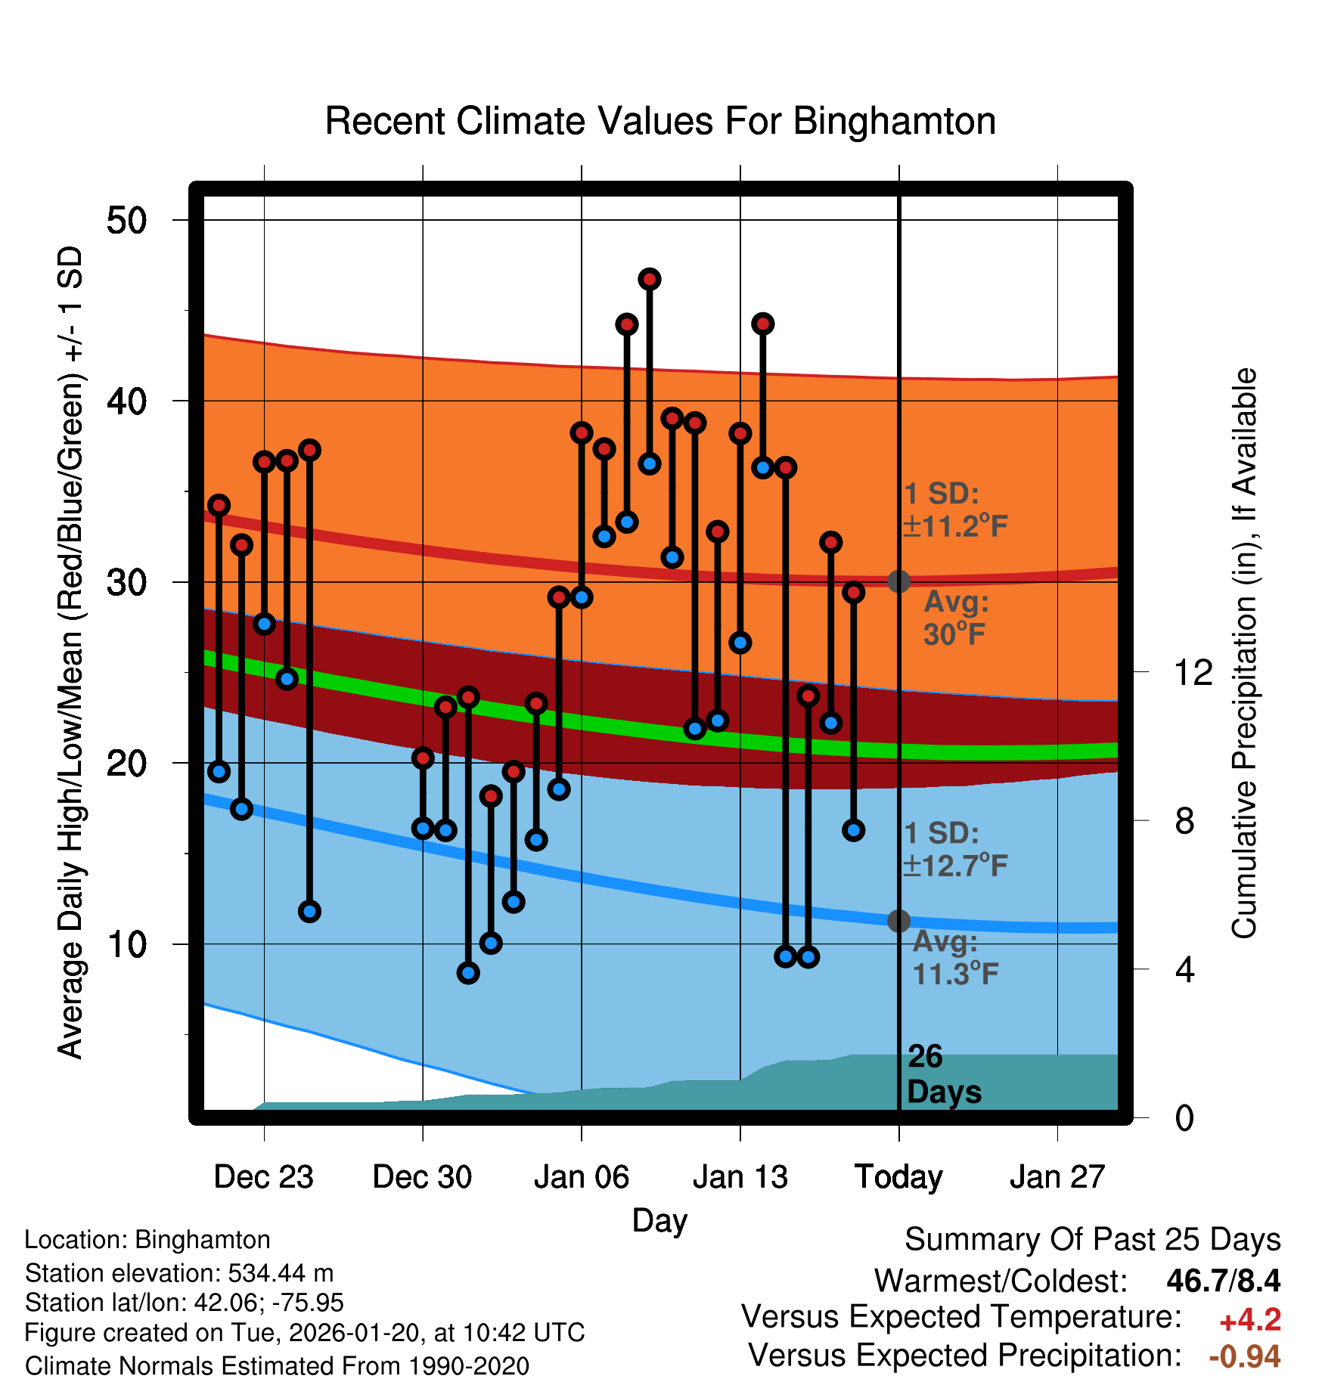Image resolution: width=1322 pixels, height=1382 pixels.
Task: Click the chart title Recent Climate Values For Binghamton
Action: [x=660, y=121]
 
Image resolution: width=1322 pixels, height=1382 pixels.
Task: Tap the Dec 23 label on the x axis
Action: [x=263, y=1177]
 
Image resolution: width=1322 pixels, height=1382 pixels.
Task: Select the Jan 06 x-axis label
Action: [x=581, y=1177]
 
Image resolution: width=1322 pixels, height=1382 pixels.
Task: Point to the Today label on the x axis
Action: [x=898, y=1177]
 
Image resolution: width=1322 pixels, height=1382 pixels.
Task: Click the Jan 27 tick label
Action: [x=1057, y=1177]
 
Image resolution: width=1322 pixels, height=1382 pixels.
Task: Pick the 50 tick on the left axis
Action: [x=126, y=221]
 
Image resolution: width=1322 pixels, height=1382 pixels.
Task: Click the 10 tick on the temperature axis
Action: [x=126, y=944]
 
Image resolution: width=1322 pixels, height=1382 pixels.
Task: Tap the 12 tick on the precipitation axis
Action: [x=1193, y=672]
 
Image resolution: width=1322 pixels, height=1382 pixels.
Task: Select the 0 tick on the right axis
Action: [x=1184, y=1117]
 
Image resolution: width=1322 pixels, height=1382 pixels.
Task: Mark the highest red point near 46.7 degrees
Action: [x=650, y=279]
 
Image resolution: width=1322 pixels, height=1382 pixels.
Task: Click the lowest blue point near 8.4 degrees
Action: [x=468, y=973]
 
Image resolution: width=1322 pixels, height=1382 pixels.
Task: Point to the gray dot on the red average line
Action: [x=898, y=581]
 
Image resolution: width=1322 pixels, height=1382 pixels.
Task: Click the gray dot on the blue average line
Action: [x=898, y=921]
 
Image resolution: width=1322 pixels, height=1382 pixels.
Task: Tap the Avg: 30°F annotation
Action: [x=956, y=618]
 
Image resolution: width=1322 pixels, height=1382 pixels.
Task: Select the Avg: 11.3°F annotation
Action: [x=955, y=958]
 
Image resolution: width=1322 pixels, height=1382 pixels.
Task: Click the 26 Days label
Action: [x=944, y=1074]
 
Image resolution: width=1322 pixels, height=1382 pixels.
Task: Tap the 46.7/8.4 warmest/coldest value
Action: [x=1223, y=1281]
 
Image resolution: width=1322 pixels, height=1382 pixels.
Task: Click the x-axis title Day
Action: [x=659, y=1220]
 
